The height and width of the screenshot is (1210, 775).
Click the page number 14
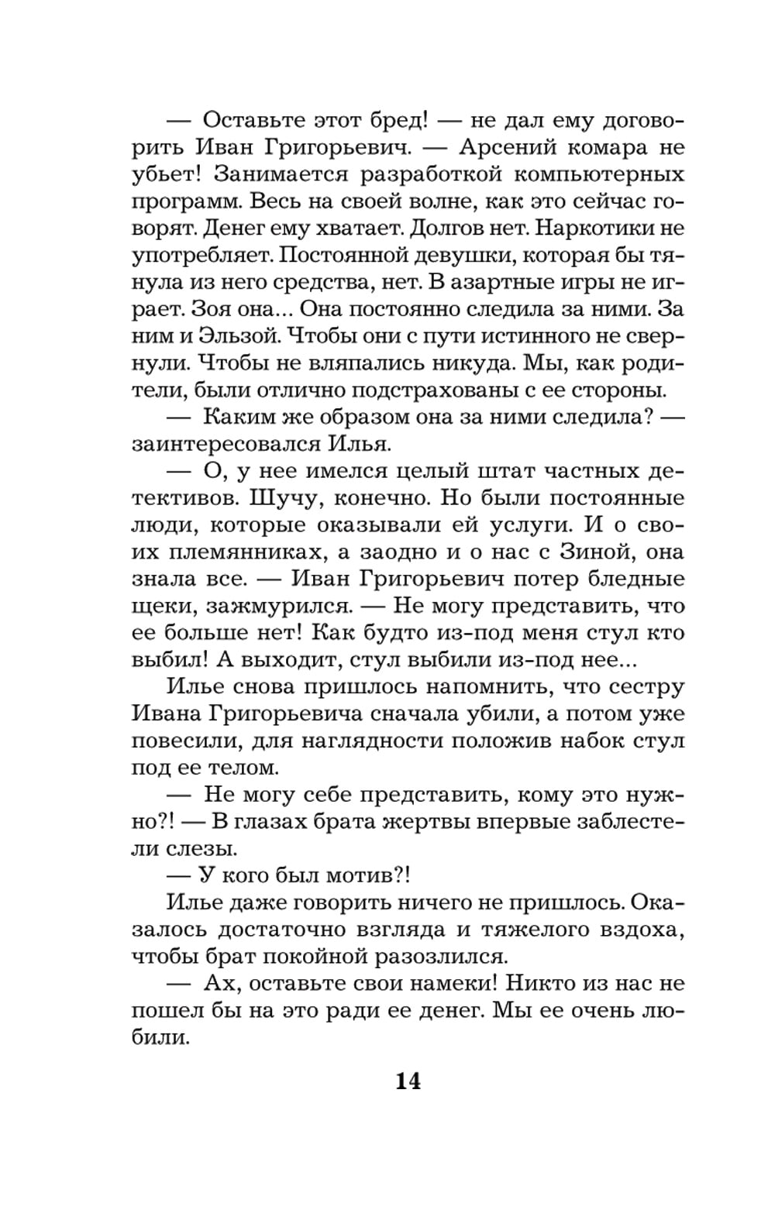408,1081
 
